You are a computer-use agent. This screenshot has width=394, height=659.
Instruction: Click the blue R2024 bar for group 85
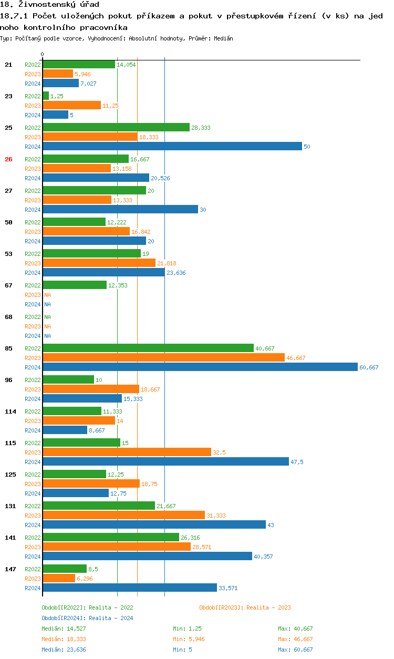(x=200, y=367)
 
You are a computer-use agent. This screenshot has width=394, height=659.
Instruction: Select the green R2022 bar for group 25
(x=116, y=127)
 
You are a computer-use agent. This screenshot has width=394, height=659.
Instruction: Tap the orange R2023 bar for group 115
(x=127, y=452)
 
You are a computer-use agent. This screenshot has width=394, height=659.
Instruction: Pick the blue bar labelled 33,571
(x=129, y=588)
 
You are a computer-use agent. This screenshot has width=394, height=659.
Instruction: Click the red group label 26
(x=8, y=159)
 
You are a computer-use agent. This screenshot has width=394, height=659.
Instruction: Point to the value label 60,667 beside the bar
(x=369, y=367)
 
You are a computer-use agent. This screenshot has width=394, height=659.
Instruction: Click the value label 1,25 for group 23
(x=57, y=96)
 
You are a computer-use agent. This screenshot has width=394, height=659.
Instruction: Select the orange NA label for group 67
(x=47, y=295)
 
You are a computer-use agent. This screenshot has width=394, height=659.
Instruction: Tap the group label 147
(x=10, y=569)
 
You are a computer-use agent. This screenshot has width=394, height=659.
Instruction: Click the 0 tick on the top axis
(x=43, y=54)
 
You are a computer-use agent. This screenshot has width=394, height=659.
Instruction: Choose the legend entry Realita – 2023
(x=245, y=607)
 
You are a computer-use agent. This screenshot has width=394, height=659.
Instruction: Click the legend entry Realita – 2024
(x=87, y=618)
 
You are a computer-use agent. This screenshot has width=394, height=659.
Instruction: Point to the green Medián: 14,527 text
(x=64, y=629)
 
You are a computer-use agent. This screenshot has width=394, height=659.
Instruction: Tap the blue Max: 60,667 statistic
(x=295, y=650)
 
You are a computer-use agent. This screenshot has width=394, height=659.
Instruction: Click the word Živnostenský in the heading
(x=40, y=5)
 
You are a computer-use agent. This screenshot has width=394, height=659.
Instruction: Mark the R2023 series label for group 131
(x=33, y=516)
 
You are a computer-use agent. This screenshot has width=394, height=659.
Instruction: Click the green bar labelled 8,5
(x=65, y=569)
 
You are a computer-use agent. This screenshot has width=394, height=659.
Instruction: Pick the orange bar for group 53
(x=99, y=263)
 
